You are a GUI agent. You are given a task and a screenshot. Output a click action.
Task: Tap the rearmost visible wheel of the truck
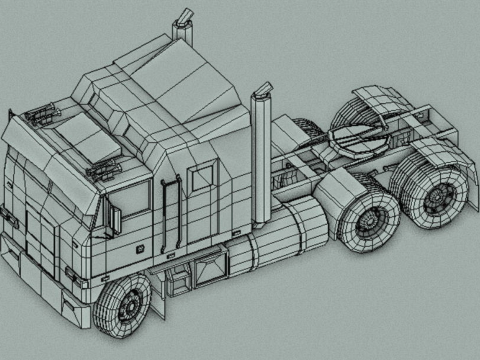coord(437,199)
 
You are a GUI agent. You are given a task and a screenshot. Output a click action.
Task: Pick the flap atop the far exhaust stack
coord(184,15)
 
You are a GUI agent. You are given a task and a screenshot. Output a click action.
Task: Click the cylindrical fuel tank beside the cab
coord(286,235)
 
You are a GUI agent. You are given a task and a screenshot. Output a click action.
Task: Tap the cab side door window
coord(135,203)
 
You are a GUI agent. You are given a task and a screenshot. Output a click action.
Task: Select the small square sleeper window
coord(202,176)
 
